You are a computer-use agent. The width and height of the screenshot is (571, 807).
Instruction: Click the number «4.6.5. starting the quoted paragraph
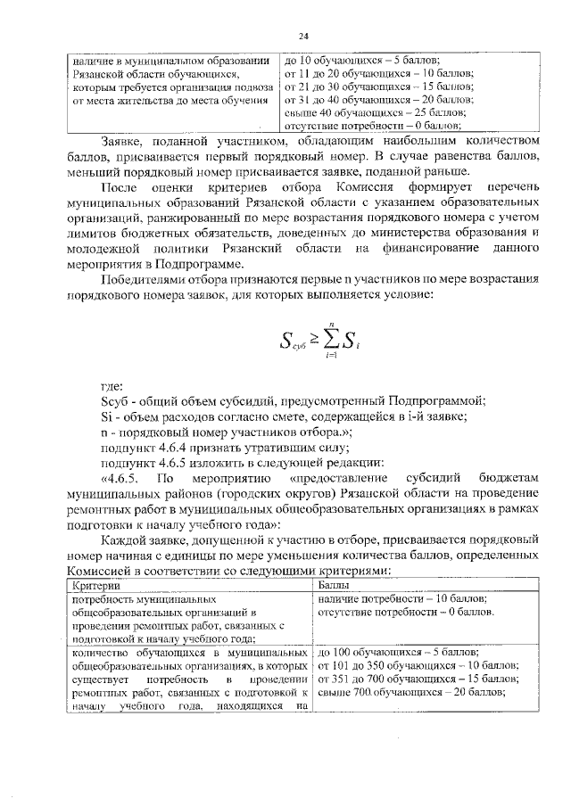123,478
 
